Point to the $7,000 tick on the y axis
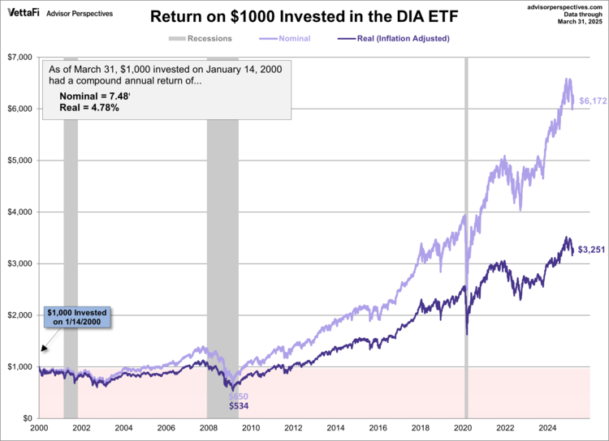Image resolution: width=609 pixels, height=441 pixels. click(19, 57)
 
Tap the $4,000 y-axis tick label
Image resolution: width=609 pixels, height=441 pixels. click(19, 212)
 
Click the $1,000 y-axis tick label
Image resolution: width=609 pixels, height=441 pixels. click(19, 366)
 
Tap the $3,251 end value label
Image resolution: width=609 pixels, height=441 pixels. click(591, 250)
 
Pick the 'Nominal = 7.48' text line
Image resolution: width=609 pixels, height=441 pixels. click(95, 96)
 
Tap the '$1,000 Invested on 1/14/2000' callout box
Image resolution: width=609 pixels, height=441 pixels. click(76, 317)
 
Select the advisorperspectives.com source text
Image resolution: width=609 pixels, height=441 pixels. click(563, 6)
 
